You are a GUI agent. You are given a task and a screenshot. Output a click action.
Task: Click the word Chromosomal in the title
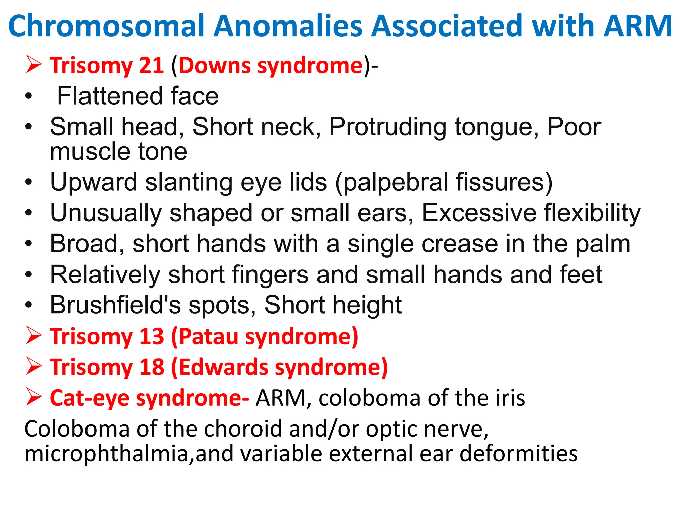coord(106,26)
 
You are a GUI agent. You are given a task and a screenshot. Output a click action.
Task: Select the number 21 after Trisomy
coord(151,65)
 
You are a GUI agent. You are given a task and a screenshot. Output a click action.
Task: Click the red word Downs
coord(214,65)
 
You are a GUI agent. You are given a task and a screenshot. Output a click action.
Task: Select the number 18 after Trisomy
coord(151,367)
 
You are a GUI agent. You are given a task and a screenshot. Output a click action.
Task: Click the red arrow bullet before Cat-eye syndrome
coord(34,397)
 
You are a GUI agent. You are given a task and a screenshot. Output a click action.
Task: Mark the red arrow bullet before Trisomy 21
coord(34,65)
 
